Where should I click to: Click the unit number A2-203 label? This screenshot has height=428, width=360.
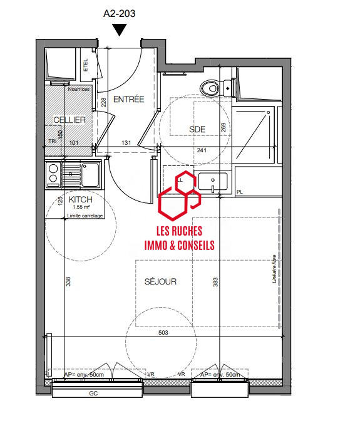[x=120, y=13]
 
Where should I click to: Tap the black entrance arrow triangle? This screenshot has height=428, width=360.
[x=120, y=29]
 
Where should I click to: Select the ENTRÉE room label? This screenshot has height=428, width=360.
[x=129, y=99]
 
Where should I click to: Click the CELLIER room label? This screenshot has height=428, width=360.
[x=69, y=120]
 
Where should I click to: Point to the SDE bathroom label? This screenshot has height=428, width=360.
[x=197, y=129]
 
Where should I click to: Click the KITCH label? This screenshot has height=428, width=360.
[x=80, y=199]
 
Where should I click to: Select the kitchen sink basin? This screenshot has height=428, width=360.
[x=91, y=174]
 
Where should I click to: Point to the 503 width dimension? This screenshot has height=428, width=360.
[x=163, y=333]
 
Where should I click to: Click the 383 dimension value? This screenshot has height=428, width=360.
[x=216, y=283]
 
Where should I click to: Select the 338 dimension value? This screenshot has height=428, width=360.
[x=68, y=282]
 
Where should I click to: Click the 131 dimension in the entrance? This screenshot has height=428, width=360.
[x=125, y=144]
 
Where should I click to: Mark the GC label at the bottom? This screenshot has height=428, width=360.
[x=93, y=394]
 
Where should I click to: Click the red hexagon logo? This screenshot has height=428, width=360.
[x=179, y=194]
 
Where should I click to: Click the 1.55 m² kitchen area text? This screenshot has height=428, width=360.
[x=82, y=207]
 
